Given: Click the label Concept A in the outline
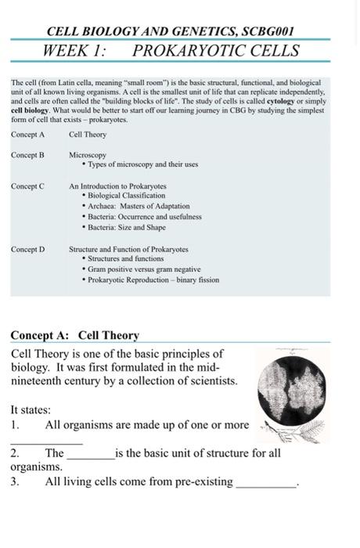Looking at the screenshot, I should click(28, 135).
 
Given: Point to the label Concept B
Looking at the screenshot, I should click(28, 155).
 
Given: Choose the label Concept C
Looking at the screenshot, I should click(28, 186).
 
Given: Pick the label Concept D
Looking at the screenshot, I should click(28, 249).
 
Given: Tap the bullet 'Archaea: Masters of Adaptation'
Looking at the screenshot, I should click(138, 206).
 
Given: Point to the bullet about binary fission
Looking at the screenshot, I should click(153, 279).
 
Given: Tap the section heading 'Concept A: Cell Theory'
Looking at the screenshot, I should click(75, 336).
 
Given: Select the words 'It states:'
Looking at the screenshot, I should click(31, 409).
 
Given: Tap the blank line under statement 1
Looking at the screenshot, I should click(47, 442).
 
